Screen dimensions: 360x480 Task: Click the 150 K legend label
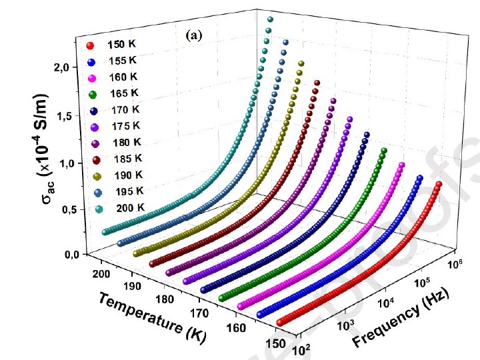point(123,45)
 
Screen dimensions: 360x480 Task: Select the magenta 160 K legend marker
point(90,77)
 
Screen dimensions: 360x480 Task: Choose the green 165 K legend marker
point(90,94)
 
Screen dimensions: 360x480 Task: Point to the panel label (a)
point(192,37)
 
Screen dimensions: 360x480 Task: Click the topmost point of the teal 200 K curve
point(270,19)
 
